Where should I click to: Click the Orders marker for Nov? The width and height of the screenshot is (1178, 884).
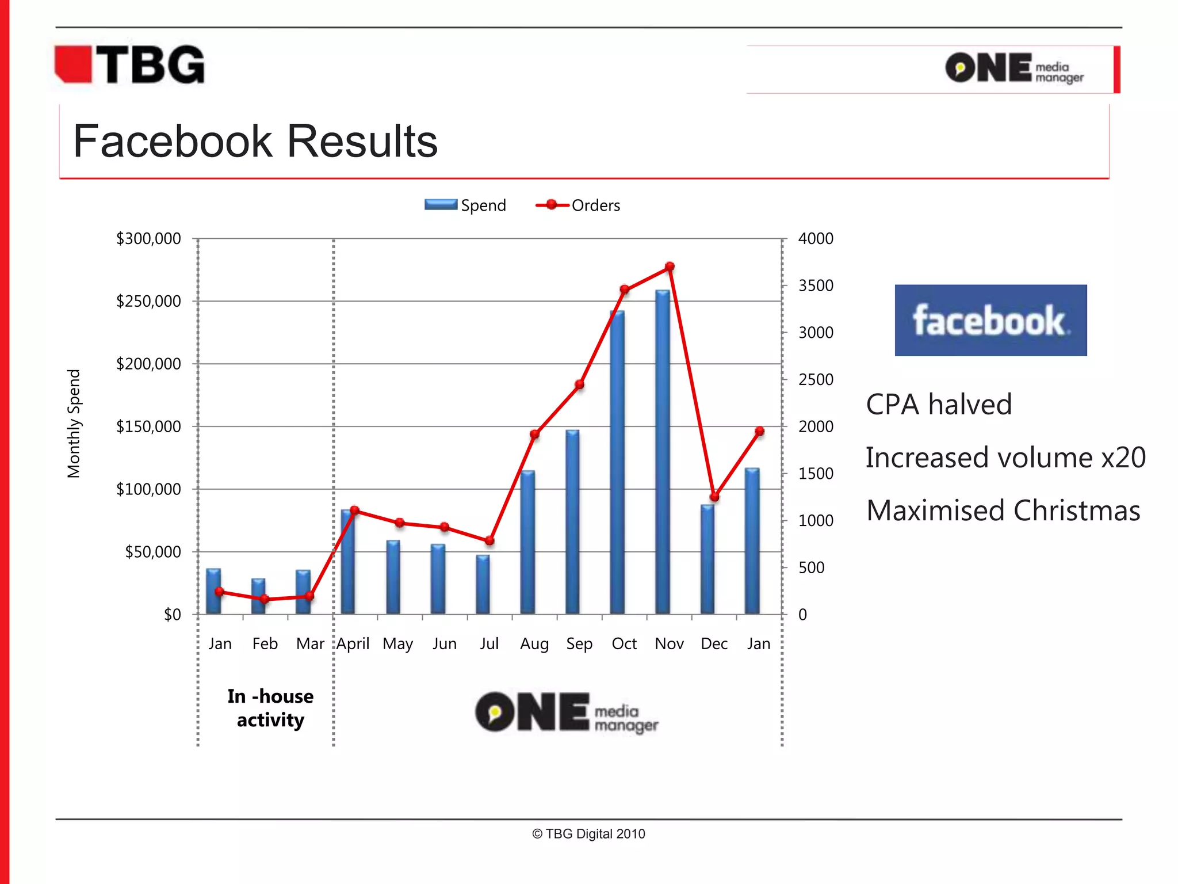pos(670,267)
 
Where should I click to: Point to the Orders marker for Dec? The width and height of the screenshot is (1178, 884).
pos(714,497)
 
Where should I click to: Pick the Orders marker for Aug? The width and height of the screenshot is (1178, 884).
pos(535,434)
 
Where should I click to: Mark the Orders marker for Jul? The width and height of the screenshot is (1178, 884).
pos(489,540)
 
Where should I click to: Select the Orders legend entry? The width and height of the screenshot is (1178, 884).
pos(578,205)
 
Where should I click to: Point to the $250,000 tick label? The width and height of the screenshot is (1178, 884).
pos(148,301)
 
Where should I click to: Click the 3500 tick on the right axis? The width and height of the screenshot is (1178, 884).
pos(816,285)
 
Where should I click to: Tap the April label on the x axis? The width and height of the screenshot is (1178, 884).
pos(353,643)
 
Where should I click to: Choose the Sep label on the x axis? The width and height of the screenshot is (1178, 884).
pos(579,643)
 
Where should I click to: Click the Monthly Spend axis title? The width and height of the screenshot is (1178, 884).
pos(74,424)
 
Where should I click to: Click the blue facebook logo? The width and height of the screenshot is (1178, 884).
pos(990,320)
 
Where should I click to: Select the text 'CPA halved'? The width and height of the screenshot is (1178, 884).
pos(939,404)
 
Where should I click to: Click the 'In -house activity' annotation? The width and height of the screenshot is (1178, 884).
pos(270,708)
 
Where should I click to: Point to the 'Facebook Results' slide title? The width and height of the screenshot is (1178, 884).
pos(255,142)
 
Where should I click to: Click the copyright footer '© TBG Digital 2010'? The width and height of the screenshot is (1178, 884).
pos(588,834)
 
